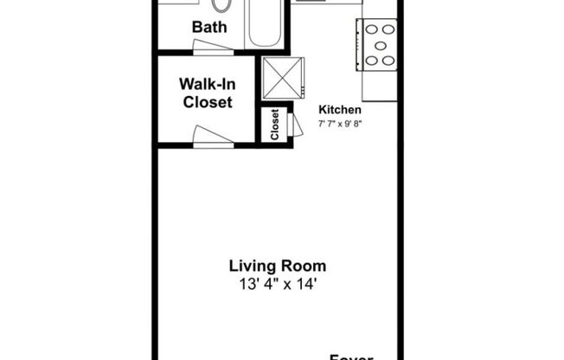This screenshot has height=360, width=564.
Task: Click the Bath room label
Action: tap(209, 27)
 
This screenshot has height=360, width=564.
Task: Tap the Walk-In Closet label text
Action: tap(206, 93)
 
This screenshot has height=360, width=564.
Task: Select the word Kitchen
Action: tap(340, 110)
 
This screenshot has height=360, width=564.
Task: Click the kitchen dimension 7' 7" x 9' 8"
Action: tap(340, 124)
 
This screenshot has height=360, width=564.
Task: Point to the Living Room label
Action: tap(277, 267)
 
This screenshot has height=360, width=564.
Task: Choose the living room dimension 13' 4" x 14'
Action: tap(277, 283)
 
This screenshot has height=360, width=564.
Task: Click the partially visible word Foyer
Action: tap(350, 356)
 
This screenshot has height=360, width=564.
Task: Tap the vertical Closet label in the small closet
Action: tap(274, 124)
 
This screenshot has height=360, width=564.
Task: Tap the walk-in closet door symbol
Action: tap(213, 135)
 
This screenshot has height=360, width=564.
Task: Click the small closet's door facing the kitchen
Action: tap(297, 124)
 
